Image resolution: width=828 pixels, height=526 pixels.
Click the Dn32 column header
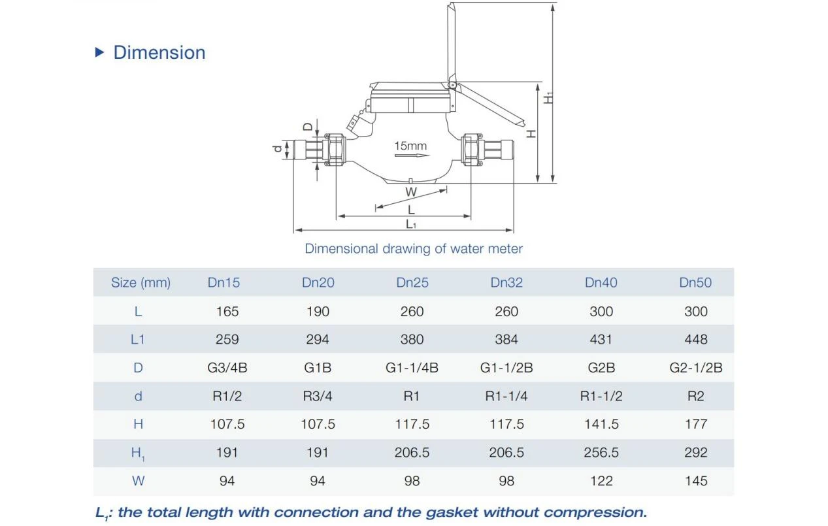click(x=506, y=282)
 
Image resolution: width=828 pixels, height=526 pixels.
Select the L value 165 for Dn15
click(x=227, y=311)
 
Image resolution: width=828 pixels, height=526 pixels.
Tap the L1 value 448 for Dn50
click(x=696, y=339)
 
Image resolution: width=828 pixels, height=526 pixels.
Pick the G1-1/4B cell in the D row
click(x=412, y=368)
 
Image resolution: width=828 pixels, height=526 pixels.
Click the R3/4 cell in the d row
click(x=318, y=396)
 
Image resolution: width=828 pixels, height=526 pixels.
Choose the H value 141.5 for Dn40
click(x=601, y=424)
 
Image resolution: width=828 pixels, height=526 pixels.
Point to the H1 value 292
click(x=696, y=452)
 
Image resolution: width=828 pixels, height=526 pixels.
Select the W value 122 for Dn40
click(x=601, y=480)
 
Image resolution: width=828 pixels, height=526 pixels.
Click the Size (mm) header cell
click(x=141, y=283)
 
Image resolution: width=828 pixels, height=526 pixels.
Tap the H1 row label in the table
click(x=138, y=453)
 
